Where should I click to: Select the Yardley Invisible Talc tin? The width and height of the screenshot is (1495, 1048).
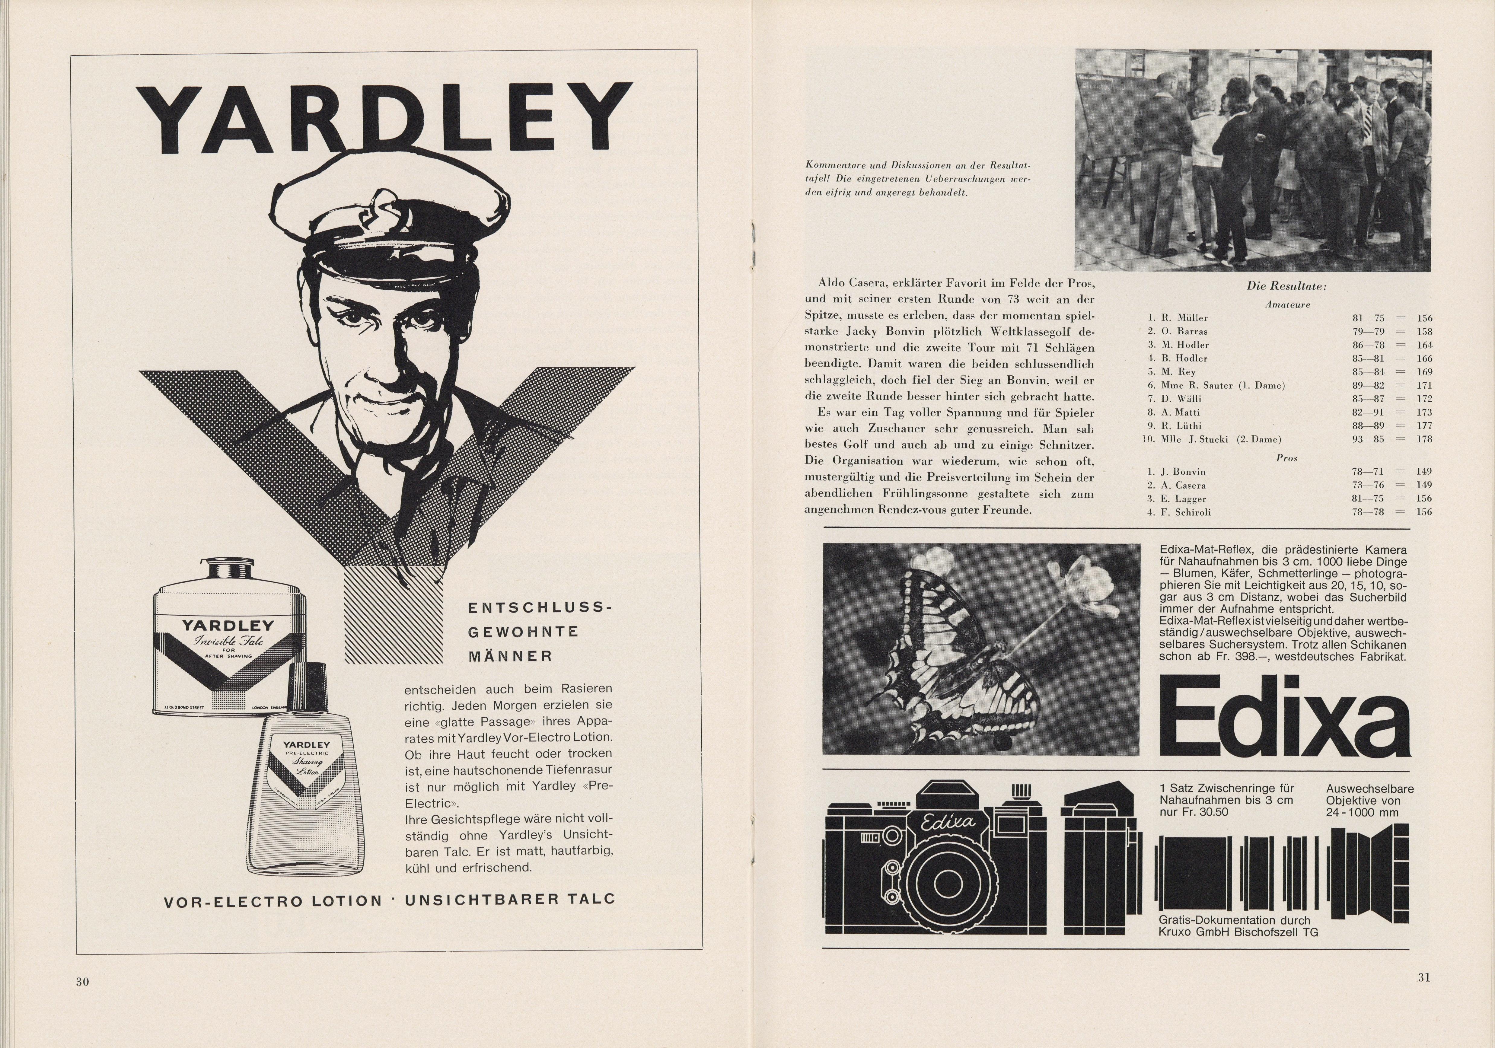pos(228,638)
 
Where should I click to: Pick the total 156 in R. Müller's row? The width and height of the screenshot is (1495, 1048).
pos(1424,318)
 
